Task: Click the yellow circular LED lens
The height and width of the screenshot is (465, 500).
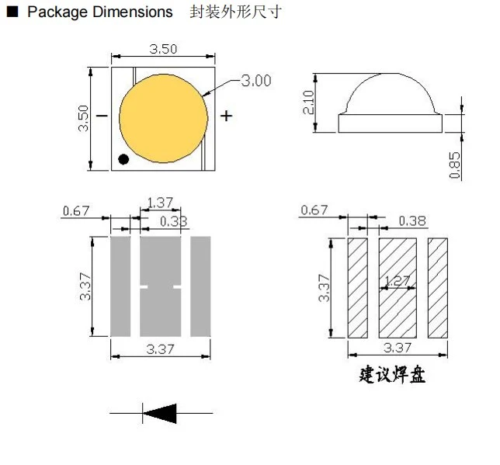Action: pyautogui.click(x=163, y=118)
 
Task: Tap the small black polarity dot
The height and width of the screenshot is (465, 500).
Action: pyautogui.click(x=123, y=159)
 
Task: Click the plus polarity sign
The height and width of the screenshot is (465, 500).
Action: pyautogui.click(x=226, y=116)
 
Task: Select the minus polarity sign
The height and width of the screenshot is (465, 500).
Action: pyautogui.click(x=102, y=116)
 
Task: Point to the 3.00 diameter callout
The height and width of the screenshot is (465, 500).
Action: pyautogui.click(x=256, y=81)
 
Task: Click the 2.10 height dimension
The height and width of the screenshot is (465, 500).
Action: pyautogui.click(x=308, y=102)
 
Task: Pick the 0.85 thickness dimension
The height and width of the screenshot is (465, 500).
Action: pyautogui.click(x=455, y=165)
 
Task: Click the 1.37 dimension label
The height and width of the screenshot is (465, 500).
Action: pyautogui.click(x=160, y=203)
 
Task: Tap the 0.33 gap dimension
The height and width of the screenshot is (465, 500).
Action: pyautogui.click(x=173, y=221)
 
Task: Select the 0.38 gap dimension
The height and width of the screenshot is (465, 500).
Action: pyautogui.click(x=412, y=220)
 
